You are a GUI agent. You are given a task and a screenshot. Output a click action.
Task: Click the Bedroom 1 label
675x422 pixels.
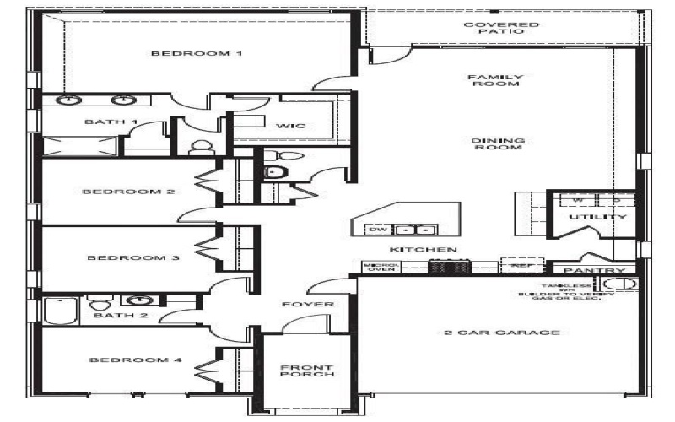pos(197,54)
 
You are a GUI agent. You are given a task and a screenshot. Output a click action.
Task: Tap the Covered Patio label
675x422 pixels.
pos(501,28)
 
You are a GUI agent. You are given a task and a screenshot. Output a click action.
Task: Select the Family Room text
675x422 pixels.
pos(495,80)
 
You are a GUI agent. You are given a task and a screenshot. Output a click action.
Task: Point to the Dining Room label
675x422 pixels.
pos(497,144)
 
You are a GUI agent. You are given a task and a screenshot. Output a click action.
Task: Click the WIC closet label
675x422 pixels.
pos(290,126)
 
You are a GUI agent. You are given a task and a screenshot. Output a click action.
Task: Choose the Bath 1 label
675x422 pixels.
pos(111,122)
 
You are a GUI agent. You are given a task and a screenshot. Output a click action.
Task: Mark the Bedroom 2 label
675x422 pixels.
pos(128,192)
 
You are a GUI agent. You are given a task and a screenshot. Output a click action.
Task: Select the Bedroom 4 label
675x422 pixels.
pos(136,360)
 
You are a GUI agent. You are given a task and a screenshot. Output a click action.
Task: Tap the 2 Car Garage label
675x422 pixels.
pos(501,333)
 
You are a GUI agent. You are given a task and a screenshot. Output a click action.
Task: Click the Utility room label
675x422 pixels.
pos(597,217)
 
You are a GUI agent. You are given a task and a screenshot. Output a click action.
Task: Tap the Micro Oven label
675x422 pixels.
pos(375,268)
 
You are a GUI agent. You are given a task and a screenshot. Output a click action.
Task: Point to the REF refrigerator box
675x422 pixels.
pos(516,265)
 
